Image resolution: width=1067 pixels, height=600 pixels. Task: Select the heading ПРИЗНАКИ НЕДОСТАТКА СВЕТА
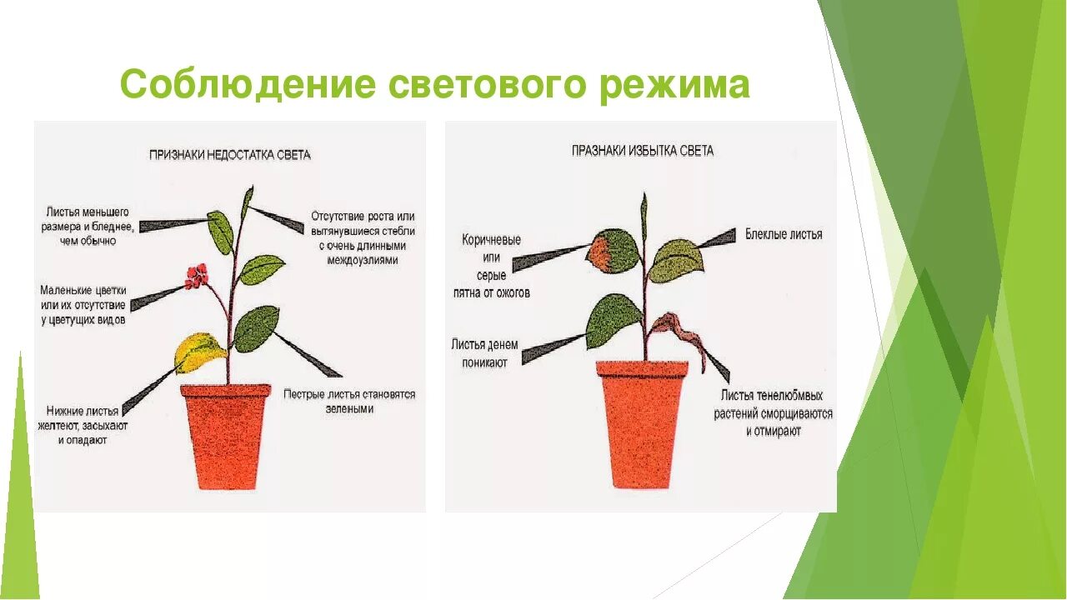[x=229, y=155]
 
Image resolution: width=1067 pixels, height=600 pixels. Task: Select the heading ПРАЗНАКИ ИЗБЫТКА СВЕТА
[x=642, y=151]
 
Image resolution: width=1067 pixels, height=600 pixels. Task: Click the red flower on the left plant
[x=197, y=274]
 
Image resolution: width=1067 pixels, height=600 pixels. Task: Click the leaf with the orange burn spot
[x=613, y=252]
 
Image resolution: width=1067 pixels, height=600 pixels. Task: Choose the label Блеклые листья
[x=784, y=235]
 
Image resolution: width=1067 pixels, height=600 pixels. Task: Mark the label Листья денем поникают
[x=484, y=353]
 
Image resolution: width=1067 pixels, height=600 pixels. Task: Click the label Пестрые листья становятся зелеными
[x=349, y=402]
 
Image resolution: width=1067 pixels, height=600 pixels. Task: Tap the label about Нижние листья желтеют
[x=83, y=425]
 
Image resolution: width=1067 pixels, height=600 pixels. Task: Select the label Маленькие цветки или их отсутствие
[x=83, y=305]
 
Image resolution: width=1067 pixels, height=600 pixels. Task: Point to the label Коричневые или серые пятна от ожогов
[x=492, y=266]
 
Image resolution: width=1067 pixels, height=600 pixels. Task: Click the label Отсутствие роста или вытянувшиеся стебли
[x=363, y=238]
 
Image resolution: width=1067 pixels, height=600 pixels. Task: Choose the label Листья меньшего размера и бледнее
[x=88, y=227]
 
